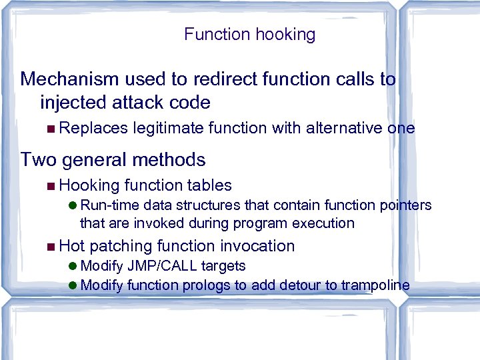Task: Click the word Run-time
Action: point(108,205)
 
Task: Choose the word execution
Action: point(325,223)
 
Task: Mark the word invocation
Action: point(257,246)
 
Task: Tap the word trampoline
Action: point(375,285)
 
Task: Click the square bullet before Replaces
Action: point(52,129)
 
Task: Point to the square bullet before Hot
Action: point(52,247)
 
